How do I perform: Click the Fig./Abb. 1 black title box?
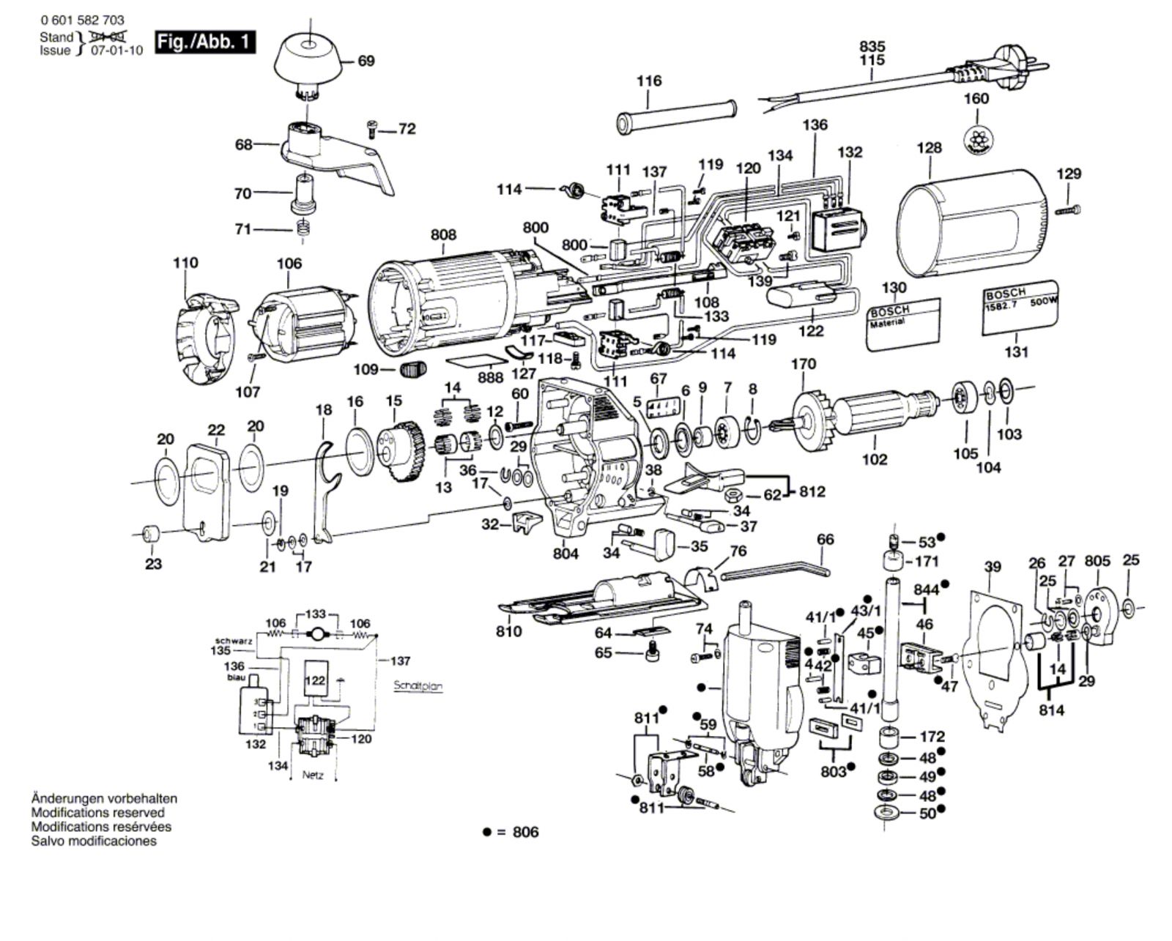tap(206, 42)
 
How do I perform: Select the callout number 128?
tap(929, 149)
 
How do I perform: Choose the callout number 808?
tap(443, 235)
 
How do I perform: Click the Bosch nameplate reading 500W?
tap(1020, 307)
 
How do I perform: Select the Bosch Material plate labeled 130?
tap(904, 323)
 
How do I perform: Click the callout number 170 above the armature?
tap(804, 364)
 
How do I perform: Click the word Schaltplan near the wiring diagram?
tap(418, 686)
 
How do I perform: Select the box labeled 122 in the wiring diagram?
tap(315, 680)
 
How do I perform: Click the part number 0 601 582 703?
tap(82, 21)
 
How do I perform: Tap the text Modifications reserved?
tap(97, 812)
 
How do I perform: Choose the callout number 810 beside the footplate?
tap(509, 631)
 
